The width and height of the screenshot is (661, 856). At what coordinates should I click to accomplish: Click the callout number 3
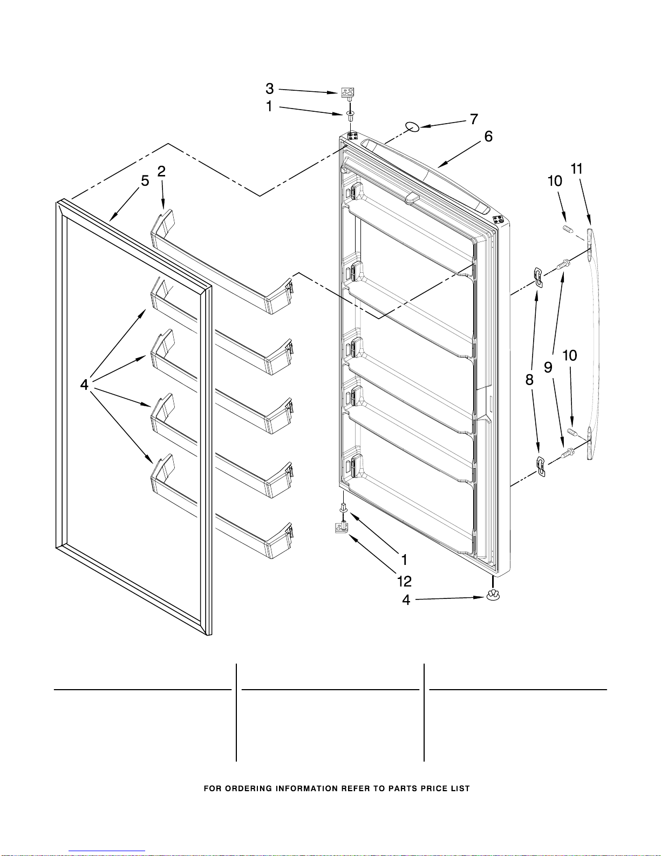(269, 89)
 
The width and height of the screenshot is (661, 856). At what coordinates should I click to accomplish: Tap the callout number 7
(474, 119)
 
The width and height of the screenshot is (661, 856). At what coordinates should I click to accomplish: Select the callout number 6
(488, 136)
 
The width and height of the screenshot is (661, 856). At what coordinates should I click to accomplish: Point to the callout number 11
(576, 169)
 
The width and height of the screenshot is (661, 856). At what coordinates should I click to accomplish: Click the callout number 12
(405, 582)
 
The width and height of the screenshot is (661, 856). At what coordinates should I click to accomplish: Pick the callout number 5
(145, 181)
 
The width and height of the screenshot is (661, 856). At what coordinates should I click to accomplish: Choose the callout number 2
(161, 171)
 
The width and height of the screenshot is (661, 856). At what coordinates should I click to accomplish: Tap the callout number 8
(529, 380)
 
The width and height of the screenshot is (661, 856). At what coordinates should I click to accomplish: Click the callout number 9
(548, 368)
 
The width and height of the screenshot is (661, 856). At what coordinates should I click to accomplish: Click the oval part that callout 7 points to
(413, 127)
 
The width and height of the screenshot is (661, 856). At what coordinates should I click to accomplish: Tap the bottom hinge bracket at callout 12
(342, 526)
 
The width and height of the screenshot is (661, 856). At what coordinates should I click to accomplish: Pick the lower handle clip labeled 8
(541, 467)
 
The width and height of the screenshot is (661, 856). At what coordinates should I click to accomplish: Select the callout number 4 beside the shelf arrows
(84, 385)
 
